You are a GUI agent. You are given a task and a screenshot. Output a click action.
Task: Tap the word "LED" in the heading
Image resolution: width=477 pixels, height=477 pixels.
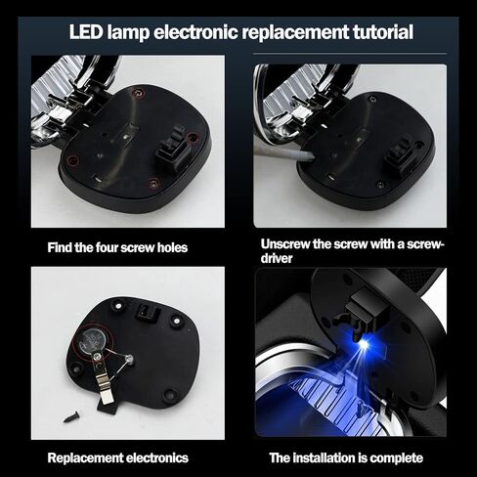[x=86, y=32]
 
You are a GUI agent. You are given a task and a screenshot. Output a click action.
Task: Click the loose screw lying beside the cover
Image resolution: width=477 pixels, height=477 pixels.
[x=72, y=416]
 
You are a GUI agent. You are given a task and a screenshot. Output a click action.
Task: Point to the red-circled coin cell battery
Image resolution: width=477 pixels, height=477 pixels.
[x=92, y=341]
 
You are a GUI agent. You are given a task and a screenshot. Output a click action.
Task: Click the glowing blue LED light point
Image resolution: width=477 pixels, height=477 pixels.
[x=364, y=344]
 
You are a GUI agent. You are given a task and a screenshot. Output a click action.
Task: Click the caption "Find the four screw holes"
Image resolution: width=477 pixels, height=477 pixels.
[x=117, y=247]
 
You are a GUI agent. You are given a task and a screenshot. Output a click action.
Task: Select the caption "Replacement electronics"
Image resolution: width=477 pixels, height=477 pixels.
[x=118, y=457]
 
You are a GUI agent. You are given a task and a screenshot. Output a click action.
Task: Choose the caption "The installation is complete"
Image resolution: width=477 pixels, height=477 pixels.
[x=346, y=457]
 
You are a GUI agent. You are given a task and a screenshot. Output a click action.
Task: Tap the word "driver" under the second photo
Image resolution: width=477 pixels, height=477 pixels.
[x=277, y=258]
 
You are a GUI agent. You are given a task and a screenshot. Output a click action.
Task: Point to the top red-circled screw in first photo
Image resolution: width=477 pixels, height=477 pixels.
[x=138, y=93]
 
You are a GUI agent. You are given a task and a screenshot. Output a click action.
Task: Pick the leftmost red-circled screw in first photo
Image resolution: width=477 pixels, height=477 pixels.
[x=72, y=160]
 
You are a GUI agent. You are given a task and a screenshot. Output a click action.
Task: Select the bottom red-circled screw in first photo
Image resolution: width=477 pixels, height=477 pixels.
[x=154, y=184]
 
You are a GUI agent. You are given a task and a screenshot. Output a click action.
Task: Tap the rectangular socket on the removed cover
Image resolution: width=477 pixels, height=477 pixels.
[x=149, y=313]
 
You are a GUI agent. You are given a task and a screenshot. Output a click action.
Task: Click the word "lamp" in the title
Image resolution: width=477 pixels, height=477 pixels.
[x=128, y=33]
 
